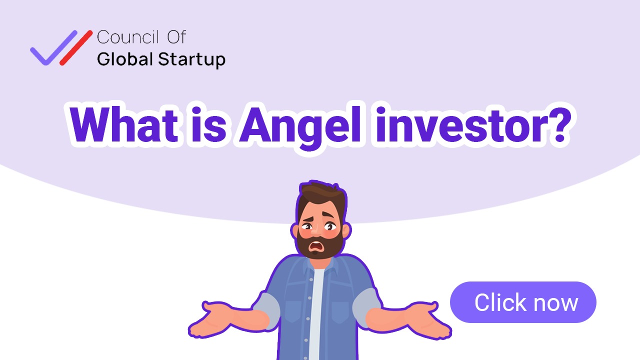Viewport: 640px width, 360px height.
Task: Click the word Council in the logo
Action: pyautogui.click(x=127, y=37)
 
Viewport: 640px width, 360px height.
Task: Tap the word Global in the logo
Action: pyautogui.click(x=125, y=59)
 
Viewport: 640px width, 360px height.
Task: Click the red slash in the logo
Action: pyautogui.click(x=76, y=48)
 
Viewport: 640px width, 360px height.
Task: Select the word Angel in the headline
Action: pyautogui.click(x=295, y=125)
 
